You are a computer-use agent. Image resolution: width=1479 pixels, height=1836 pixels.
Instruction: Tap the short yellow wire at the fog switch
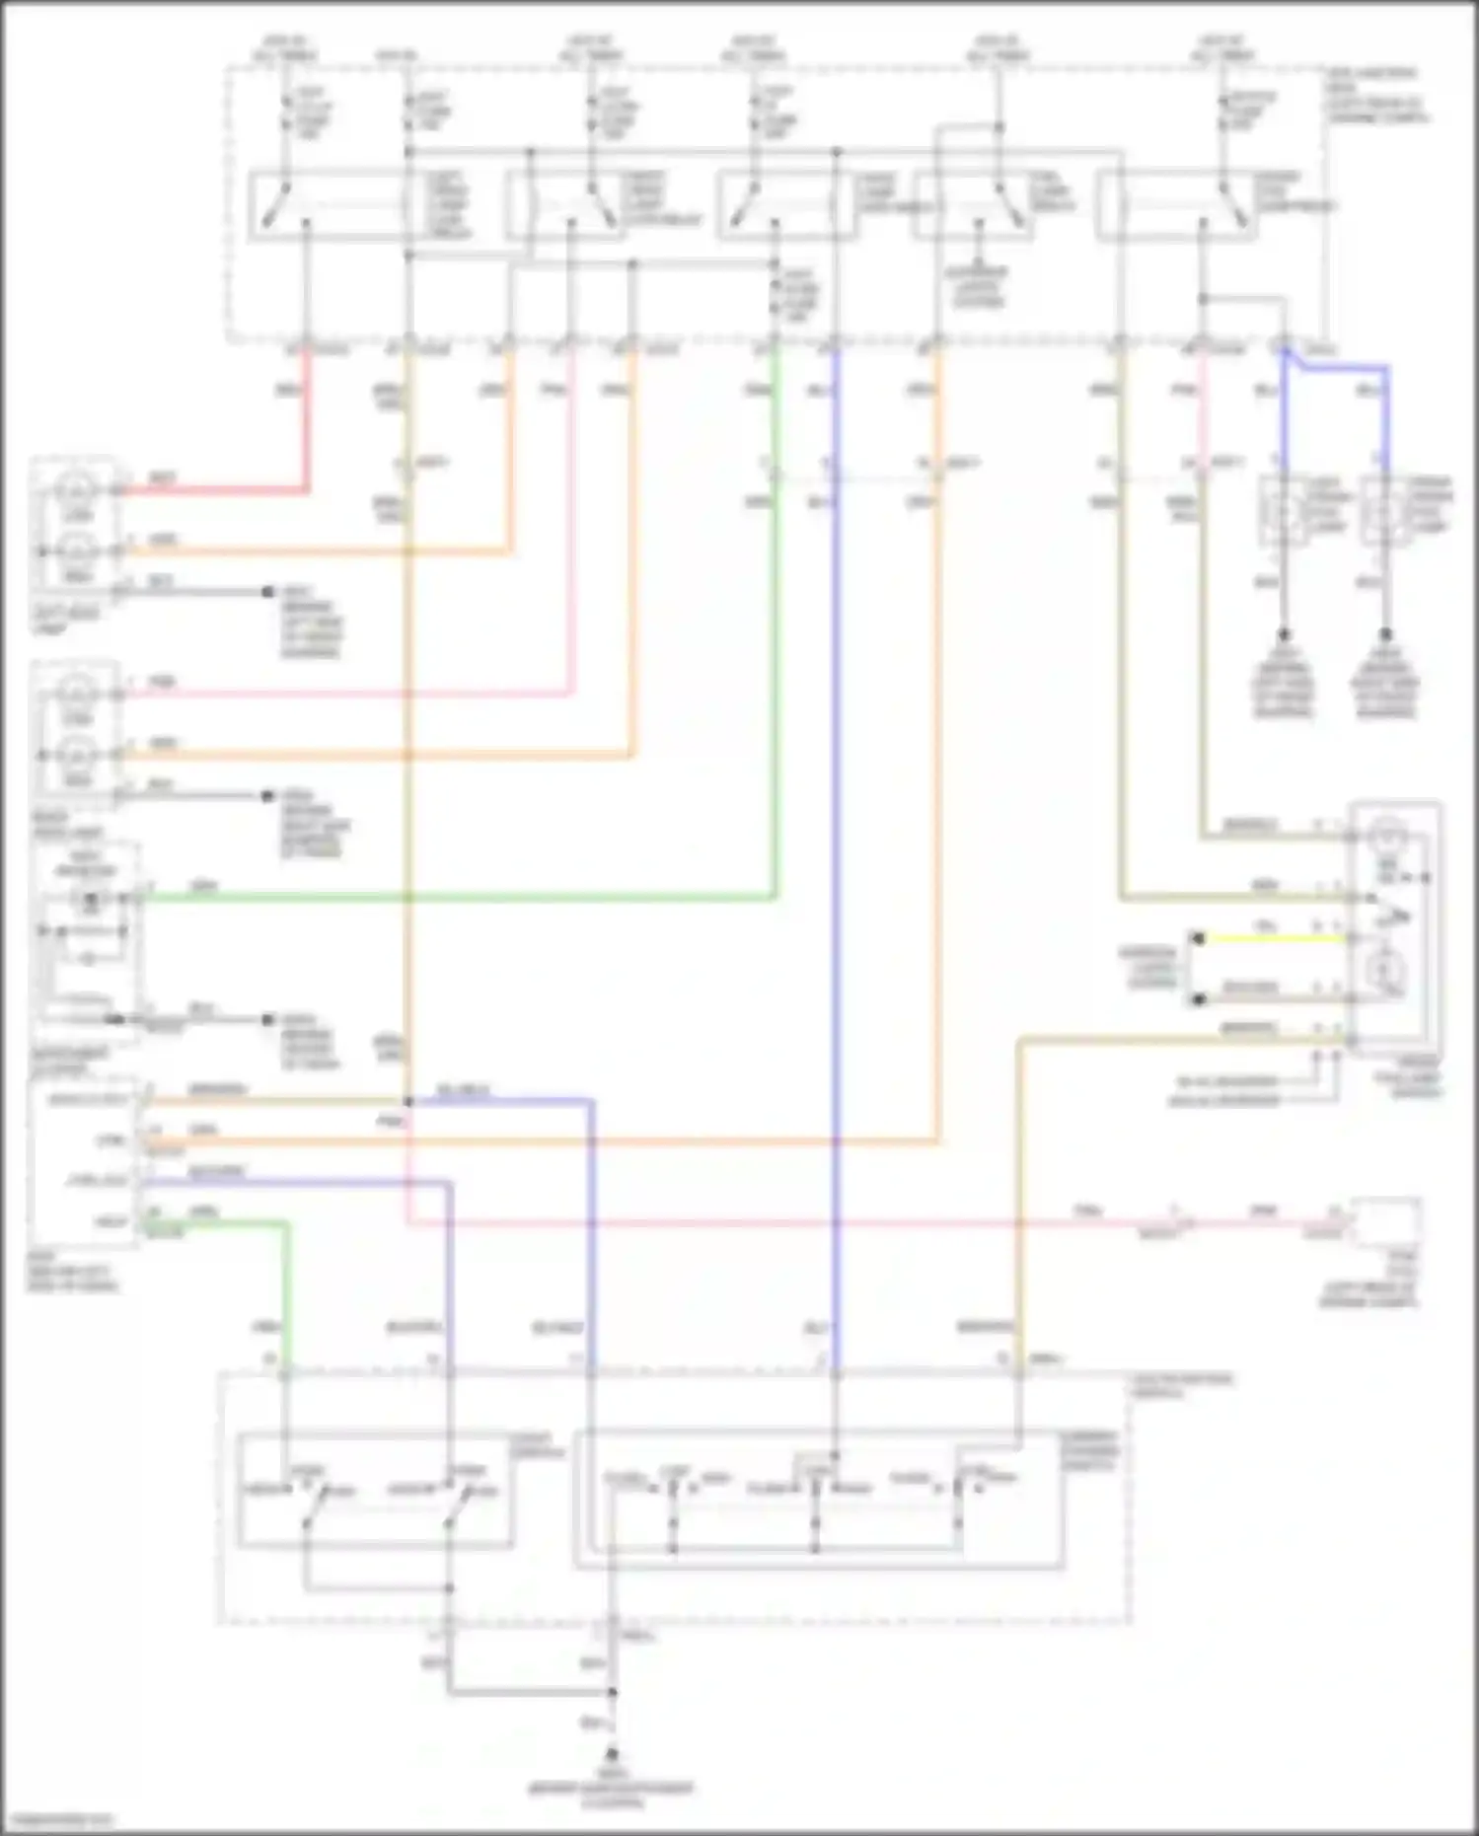point(1273,938)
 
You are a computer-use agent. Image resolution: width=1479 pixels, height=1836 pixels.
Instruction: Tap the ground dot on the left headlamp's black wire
point(267,592)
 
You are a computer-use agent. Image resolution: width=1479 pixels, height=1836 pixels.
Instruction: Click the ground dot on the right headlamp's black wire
point(267,795)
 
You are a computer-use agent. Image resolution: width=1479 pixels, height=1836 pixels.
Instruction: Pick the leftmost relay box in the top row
point(331,205)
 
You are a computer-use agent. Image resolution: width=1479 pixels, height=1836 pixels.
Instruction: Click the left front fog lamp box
point(1284,511)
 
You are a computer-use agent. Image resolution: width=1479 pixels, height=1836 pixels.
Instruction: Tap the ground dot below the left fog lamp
point(1284,634)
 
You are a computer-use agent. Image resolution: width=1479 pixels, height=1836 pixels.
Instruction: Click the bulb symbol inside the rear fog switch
point(1387,838)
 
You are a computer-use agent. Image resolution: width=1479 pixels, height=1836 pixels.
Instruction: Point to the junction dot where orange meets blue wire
point(407,1100)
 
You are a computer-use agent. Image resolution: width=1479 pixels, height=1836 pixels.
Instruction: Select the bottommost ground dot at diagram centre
point(612,1755)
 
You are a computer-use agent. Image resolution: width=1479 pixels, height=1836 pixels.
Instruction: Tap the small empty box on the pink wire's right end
point(1387,1223)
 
